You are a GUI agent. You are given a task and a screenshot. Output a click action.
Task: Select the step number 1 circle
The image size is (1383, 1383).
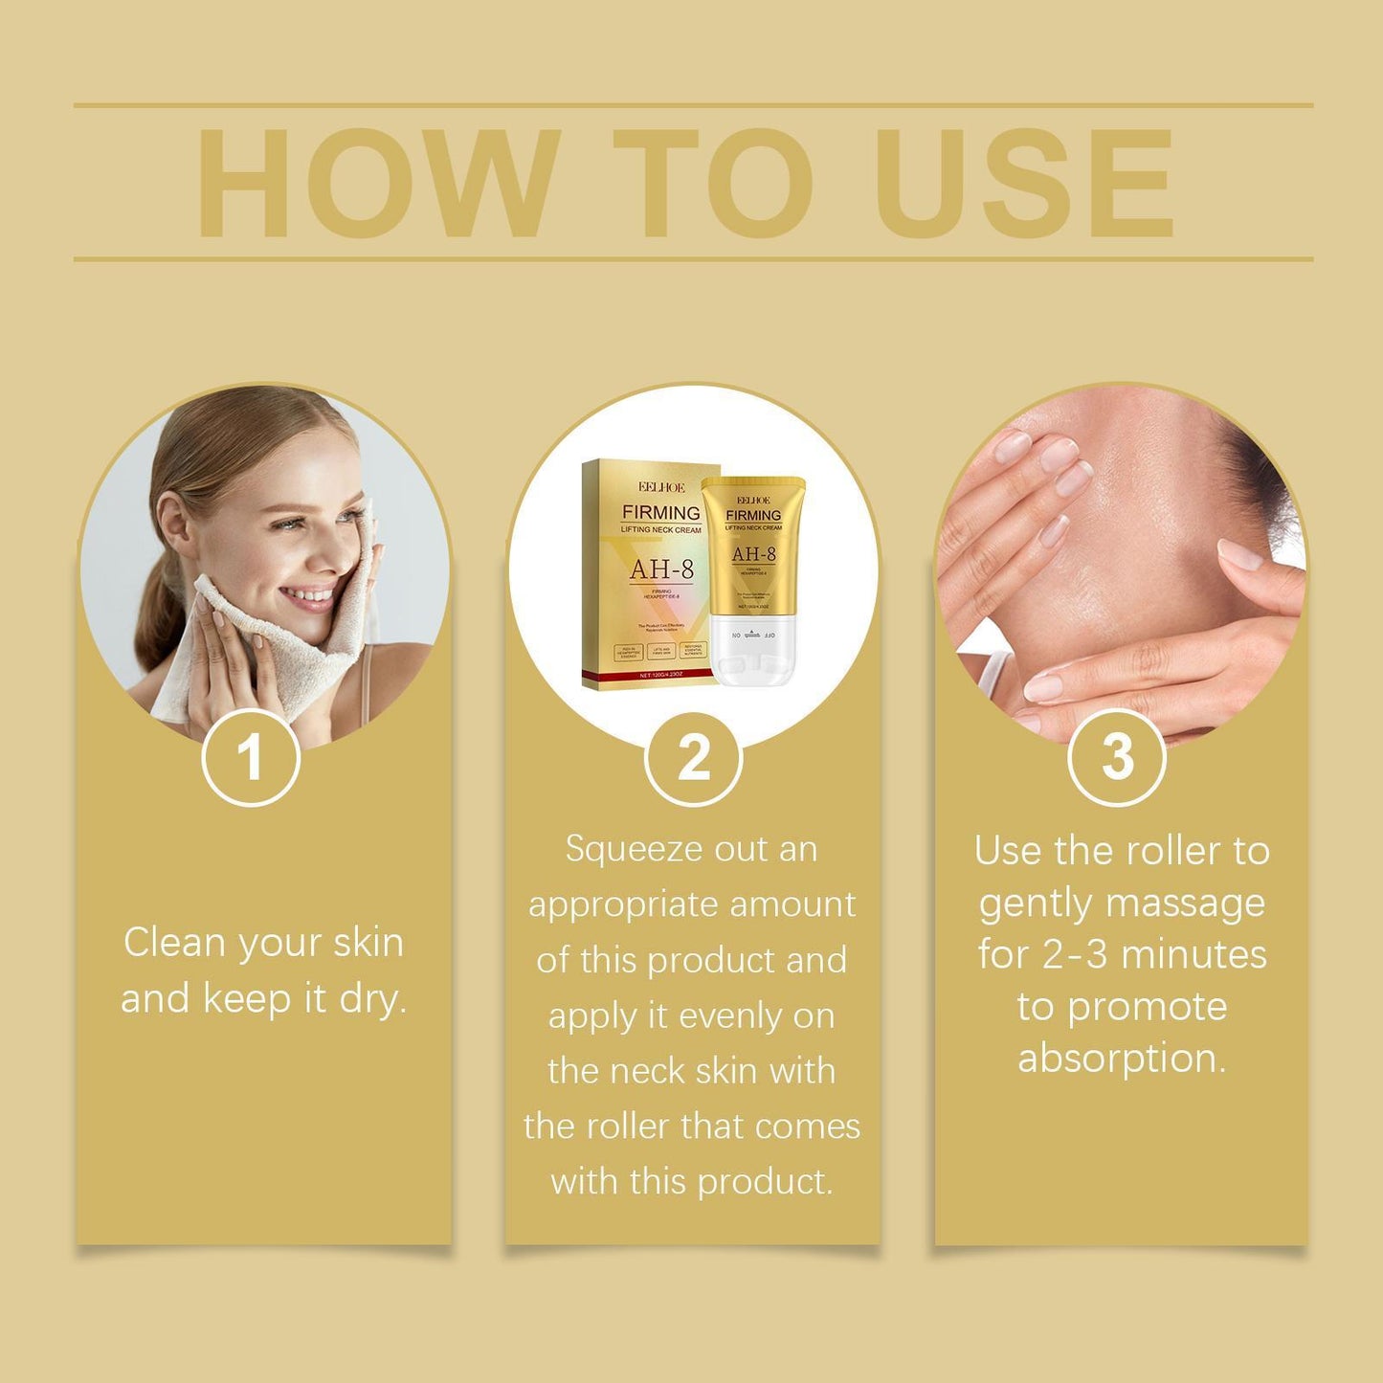[251, 758]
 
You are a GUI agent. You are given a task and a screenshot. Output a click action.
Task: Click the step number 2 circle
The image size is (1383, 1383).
[693, 758]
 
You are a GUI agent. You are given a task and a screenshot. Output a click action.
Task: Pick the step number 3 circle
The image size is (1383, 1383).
[1116, 758]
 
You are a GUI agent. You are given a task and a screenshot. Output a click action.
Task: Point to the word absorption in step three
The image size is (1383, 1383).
[1121, 1059]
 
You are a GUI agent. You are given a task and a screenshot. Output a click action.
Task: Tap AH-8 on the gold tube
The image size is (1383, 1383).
[753, 554]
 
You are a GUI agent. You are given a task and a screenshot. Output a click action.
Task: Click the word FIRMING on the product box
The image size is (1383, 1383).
[660, 513]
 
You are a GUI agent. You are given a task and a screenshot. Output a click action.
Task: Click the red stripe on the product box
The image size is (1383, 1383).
[651, 676]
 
